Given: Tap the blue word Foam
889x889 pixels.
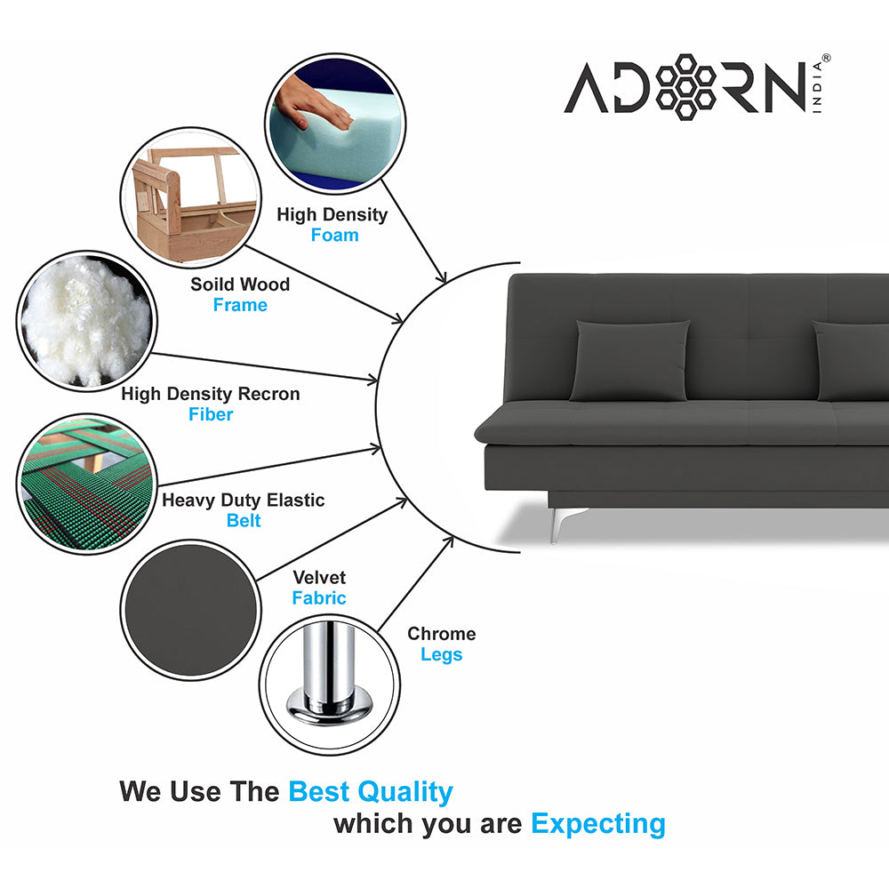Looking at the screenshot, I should click(x=334, y=236).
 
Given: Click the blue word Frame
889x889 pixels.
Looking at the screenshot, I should click(x=240, y=305).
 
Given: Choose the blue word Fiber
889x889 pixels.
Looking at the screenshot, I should click(x=211, y=414).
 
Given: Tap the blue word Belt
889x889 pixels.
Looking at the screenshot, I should click(x=244, y=521).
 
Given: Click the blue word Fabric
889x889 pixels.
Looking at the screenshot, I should click(x=319, y=598).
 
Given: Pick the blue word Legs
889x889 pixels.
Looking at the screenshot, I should click(x=442, y=655).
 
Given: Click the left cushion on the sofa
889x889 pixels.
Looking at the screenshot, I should click(x=629, y=360).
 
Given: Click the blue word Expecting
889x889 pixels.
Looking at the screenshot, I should click(x=597, y=823).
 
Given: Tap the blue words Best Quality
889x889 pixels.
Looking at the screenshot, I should click(x=371, y=791).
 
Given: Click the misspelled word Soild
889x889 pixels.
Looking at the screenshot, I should click(x=213, y=284).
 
